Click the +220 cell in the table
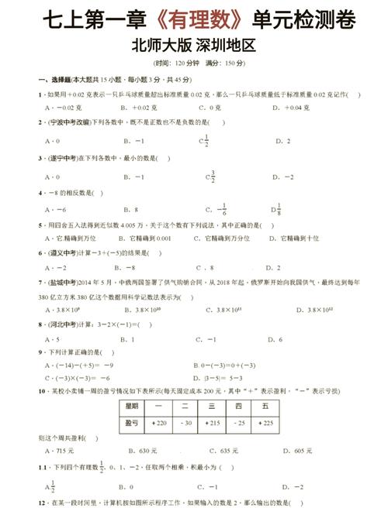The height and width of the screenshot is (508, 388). click(x=160, y=423)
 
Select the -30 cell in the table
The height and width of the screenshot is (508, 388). click(x=185, y=423)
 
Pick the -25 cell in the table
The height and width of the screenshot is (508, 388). click(x=239, y=423)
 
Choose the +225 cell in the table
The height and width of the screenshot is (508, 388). click(x=266, y=423)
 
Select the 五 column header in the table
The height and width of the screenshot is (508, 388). click(x=265, y=405)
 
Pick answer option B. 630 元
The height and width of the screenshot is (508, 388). click(x=140, y=450)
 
